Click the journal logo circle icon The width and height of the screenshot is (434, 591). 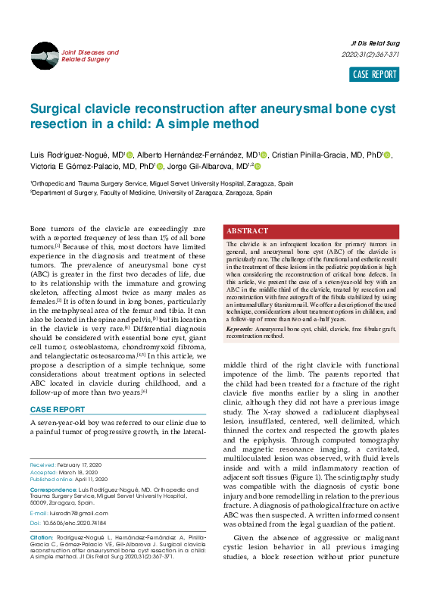(x=45, y=55)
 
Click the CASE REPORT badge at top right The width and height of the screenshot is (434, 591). (x=374, y=74)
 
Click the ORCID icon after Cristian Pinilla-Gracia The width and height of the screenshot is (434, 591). (x=388, y=155)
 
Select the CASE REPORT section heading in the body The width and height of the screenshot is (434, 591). (x=57, y=410)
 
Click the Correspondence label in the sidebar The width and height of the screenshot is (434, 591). (x=53, y=490)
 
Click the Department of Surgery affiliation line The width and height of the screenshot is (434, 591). (x=151, y=193)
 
